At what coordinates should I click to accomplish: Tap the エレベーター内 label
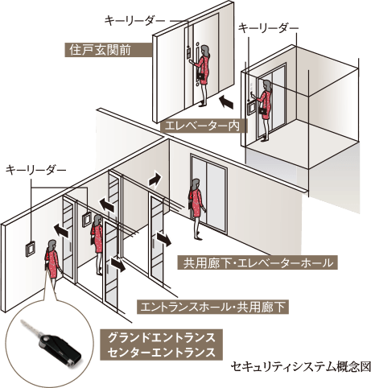pos(204,126)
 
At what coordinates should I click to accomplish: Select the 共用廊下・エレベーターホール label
pos(258,262)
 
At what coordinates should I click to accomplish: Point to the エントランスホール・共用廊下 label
pos(212,307)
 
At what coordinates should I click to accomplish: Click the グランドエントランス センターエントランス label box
pos(161,345)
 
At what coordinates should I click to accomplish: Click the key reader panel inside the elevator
pos(253,108)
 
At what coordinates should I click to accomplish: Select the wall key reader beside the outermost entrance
pos(30,250)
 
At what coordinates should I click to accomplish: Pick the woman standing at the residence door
pos(202,75)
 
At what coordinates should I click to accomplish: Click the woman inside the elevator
pos(265,110)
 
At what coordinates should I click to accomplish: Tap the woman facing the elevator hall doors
pos(196,208)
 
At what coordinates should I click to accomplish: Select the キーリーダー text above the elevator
pos(269,28)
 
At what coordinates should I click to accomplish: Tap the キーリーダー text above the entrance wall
pos(35,171)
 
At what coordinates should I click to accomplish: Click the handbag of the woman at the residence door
pos(200,76)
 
